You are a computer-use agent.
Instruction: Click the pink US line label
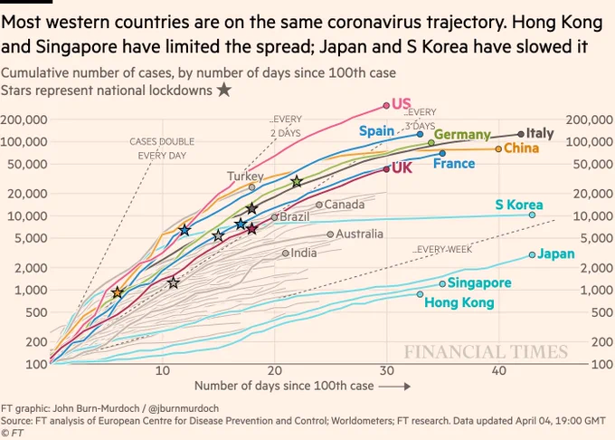(402, 103)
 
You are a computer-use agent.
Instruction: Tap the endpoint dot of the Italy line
(521, 134)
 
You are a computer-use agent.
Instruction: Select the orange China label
(521, 148)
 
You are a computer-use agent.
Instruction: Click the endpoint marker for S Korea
(532, 215)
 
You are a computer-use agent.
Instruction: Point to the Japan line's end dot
(532, 254)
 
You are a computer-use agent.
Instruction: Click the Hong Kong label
(459, 302)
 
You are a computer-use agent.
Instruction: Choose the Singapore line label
(479, 283)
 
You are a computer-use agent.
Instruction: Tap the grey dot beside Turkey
(252, 187)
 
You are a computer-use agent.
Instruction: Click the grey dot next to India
(286, 253)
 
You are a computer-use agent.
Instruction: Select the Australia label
(359, 234)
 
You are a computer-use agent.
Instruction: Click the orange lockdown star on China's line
(118, 292)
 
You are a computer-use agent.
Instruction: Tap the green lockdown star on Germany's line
(297, 182)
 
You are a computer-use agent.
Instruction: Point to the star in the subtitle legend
(224, 90)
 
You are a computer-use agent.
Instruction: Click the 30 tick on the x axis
(387, 370)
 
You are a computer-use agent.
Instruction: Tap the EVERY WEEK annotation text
(443, 250)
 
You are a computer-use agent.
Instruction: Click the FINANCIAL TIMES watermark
(486, 351)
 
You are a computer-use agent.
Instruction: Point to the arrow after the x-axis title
(394, 387)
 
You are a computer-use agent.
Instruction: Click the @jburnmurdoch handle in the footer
(184, 408)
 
